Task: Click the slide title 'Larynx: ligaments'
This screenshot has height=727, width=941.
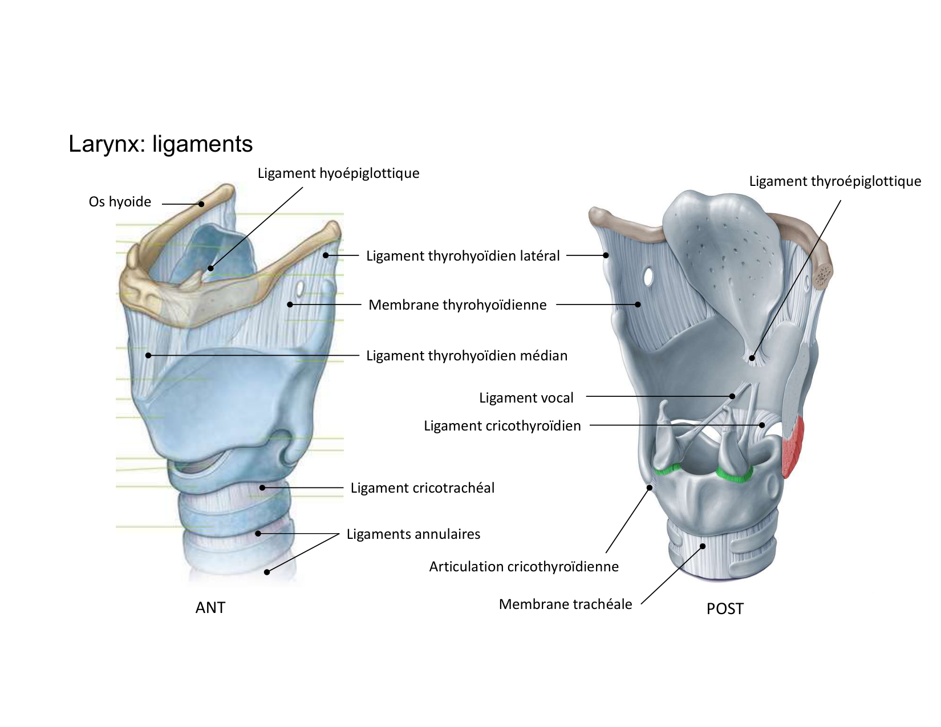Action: pyautogui.click(x=160, y=144)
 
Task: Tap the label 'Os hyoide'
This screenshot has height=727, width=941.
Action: pyautogui.click(x=120, y=202)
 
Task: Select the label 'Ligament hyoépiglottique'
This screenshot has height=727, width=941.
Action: pyautogui.click(x=338, y=173)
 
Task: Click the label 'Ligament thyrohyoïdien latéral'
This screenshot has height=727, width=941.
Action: pyautogui.click(x=463, y=256)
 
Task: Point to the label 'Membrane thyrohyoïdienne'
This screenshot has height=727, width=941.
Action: pyautogui.click(x=457, y=305)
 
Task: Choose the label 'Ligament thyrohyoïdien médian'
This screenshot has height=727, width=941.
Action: pyautogui.click(x=467, y=356)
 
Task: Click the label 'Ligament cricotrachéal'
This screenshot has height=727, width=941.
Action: pyautogui.click(x=422, y=488)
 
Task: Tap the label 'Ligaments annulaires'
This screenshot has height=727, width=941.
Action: pyautogui.click(x=413, y=534)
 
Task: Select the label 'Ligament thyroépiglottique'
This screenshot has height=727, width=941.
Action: pyautogui.click(x=835, y=181)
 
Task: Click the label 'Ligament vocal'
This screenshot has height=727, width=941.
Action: pyautogui.click(x=526, y=398)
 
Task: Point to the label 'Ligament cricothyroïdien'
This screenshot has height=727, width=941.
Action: pyautogui.click(x=502, y=426)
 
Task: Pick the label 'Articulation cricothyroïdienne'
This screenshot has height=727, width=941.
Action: pyautogui.click(x=524, y=567)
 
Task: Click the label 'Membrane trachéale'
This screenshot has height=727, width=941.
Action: pyautogui.click(x=565, y=604)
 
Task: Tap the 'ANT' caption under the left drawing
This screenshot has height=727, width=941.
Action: pyautogui.click(x=210, y=608)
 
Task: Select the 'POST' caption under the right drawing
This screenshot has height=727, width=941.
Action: pyautogui.click(x=725, y=609)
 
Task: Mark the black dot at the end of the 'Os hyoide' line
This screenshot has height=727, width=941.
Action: pyautogui.click(x=201, y=204)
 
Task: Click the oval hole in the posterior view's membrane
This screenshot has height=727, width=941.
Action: pyautogui.click(x=648, y=276)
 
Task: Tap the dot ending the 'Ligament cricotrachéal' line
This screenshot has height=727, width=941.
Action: pyautogui.click(x=262, y=488)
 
